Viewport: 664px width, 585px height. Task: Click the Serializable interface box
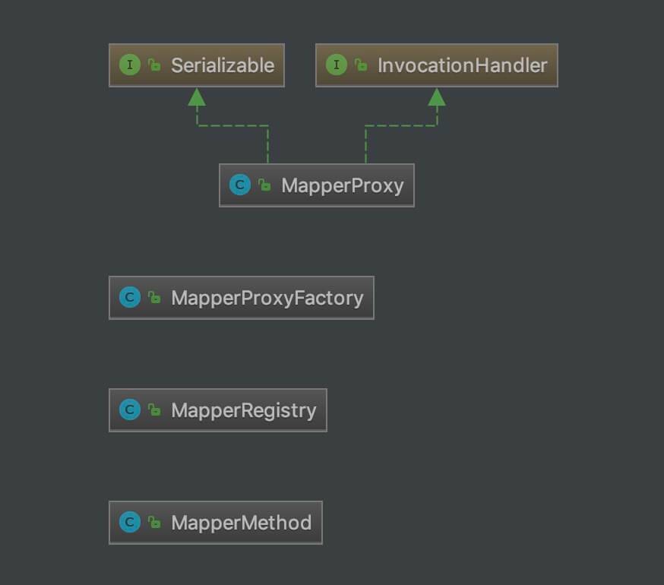pyautogui.click(x=197, y=65)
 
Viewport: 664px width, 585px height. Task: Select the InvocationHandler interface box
pyautogui.click(x=437, y=65)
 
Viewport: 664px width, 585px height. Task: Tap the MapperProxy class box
pyautogui.click(x=317, y=185)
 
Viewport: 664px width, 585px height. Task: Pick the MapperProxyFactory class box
pyautogui.click(x=242, y=298)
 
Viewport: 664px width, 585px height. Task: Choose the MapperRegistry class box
pyautogui.click(x=218, y=410)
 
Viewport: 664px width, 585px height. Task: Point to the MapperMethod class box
pyautogui.click(x=216, y=522)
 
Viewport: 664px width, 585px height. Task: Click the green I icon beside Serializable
pyautogui.click(x=130, y=65)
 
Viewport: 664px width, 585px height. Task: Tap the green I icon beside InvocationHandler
pyautogui.click(x=337, y=65)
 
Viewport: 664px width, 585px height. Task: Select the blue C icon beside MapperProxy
pyautogui.click(x=240, y=185)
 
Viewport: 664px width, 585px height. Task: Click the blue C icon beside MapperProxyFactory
pyautogui.click(x=130, y=297)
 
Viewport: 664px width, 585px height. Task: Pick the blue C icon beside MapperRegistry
pyautogui.click(x=130, y=409)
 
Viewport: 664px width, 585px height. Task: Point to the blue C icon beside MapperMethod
pyautogui.click(x=130, y=522)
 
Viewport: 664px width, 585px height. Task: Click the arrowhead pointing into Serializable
pyautogui.click(x=197, y=97)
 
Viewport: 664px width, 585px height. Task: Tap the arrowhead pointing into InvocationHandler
pyautogui.click(x=437, y=97)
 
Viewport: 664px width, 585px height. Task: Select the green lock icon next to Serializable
pyautogui.click(x=154, y=65)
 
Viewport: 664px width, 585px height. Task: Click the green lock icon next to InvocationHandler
pyautogui.click(x=361, y=65)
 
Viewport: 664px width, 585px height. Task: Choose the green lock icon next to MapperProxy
pyautogui.click(x=264, y=185)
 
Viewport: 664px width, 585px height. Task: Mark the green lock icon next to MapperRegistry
pyautogui.click(x=154, y=409)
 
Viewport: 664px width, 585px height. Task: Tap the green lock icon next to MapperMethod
pyautogui.click(x=154, y=522)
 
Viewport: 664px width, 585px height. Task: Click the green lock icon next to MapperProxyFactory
pyautogui.click(x=154, y=297)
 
